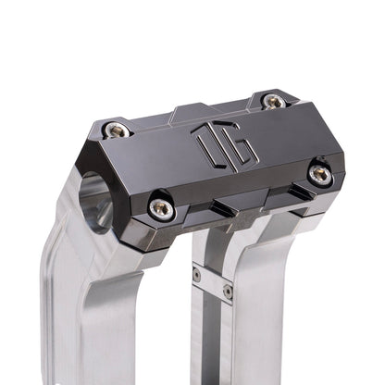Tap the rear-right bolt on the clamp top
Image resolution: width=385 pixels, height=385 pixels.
tap(274, 101)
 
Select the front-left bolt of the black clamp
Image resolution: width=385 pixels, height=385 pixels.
tap(162, 209)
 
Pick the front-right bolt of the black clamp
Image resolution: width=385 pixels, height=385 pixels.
tap(320, 173)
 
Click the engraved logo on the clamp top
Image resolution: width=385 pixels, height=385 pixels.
tap(213, 143)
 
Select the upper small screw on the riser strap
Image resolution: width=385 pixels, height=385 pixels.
tap(196, 274)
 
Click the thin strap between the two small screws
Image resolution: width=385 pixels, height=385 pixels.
tap(212, 282)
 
